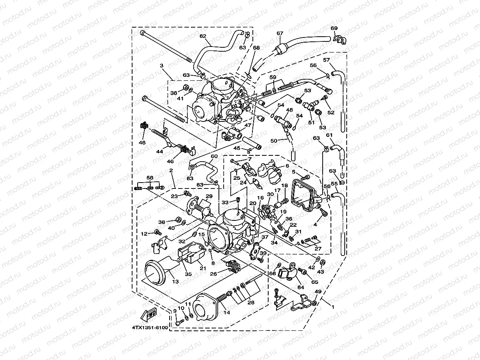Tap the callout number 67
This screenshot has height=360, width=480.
(x=280, y=34)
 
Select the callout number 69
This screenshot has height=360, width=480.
(x=334, y=28)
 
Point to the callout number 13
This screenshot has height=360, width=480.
(x=176, y=282)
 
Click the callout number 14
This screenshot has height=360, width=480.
(x=226, y=313)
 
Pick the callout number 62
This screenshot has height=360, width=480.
(x=203, y=36)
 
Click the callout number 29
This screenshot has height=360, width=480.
(x=209, y=196)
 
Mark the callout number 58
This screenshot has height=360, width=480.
(x=149, y=178)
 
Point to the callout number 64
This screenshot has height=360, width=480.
(x=301, y=287)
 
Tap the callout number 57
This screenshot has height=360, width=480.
(x=327, y=60)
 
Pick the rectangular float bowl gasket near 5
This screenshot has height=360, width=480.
(x=304, y=195)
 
